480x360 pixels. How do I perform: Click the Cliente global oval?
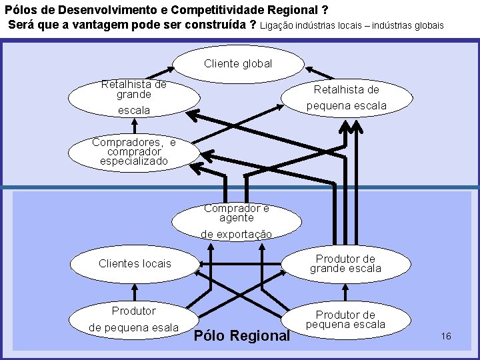238,64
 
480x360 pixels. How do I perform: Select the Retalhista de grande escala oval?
134,97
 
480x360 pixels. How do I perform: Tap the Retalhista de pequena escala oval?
346,97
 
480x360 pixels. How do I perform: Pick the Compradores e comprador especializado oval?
134,152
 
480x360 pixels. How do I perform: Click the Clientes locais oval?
135,263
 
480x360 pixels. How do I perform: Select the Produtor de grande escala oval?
345,263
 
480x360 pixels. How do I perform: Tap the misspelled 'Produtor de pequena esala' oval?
134,319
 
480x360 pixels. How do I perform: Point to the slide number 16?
446,336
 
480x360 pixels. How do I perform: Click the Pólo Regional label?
242,336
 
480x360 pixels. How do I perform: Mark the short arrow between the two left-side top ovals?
134,125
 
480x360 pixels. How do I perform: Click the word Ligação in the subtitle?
275,25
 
